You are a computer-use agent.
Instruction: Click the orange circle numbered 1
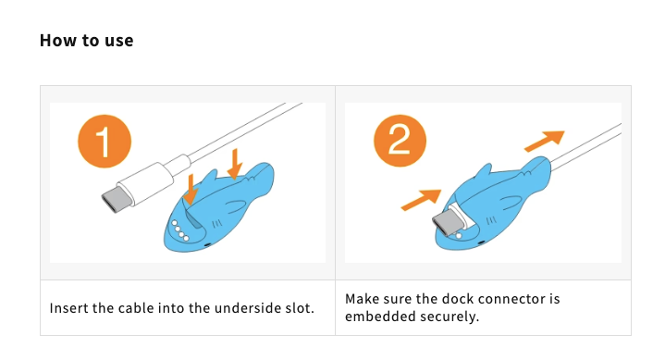tap(105, 141)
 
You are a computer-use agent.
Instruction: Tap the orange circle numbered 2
tap(400, 141)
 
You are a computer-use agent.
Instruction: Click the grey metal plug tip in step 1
tap(113, 199)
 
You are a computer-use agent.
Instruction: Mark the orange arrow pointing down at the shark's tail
tap(235, 164)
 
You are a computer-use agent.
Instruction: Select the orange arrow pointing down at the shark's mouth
tap(191, 190)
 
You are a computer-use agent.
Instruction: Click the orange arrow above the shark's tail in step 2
tap(545, 141)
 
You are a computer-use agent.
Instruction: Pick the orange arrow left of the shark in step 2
tap(421, 200)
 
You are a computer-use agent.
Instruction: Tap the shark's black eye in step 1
tap(207, 244)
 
